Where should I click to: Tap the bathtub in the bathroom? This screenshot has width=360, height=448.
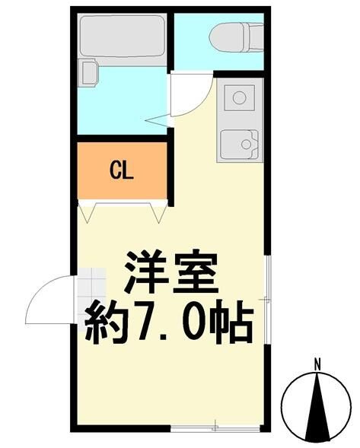click(122, 38)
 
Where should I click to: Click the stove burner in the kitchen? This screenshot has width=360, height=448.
click(240, 97)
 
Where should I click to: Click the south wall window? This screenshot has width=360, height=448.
click(214, 426)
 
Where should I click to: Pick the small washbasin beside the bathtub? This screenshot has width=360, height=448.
click(88, 73)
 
